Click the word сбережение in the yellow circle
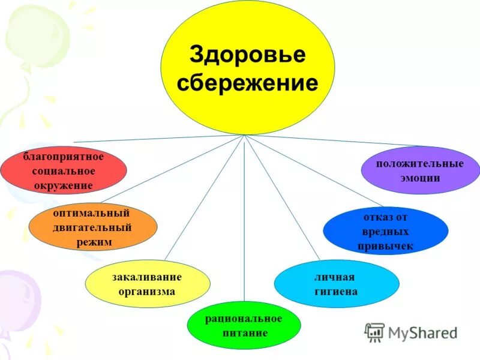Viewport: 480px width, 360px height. (248, 83)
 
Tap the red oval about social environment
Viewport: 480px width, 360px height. (64, 171)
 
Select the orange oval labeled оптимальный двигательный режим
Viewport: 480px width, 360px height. (93, 228)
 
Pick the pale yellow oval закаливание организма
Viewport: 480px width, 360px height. (147, 284)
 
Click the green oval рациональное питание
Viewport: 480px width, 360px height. (244, 325)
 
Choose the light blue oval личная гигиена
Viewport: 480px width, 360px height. (336, 284)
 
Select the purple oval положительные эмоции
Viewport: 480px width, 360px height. (420, 170)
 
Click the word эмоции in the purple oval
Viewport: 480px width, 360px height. (420, 178)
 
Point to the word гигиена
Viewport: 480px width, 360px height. (336, 292)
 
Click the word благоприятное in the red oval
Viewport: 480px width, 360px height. (64, 157)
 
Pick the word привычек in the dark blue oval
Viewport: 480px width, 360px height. (385, 246)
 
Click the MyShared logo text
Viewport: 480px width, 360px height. (422, 332)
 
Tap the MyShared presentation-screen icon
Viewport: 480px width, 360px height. (375, 332)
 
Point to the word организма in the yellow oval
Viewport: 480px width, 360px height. (147, 292)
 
